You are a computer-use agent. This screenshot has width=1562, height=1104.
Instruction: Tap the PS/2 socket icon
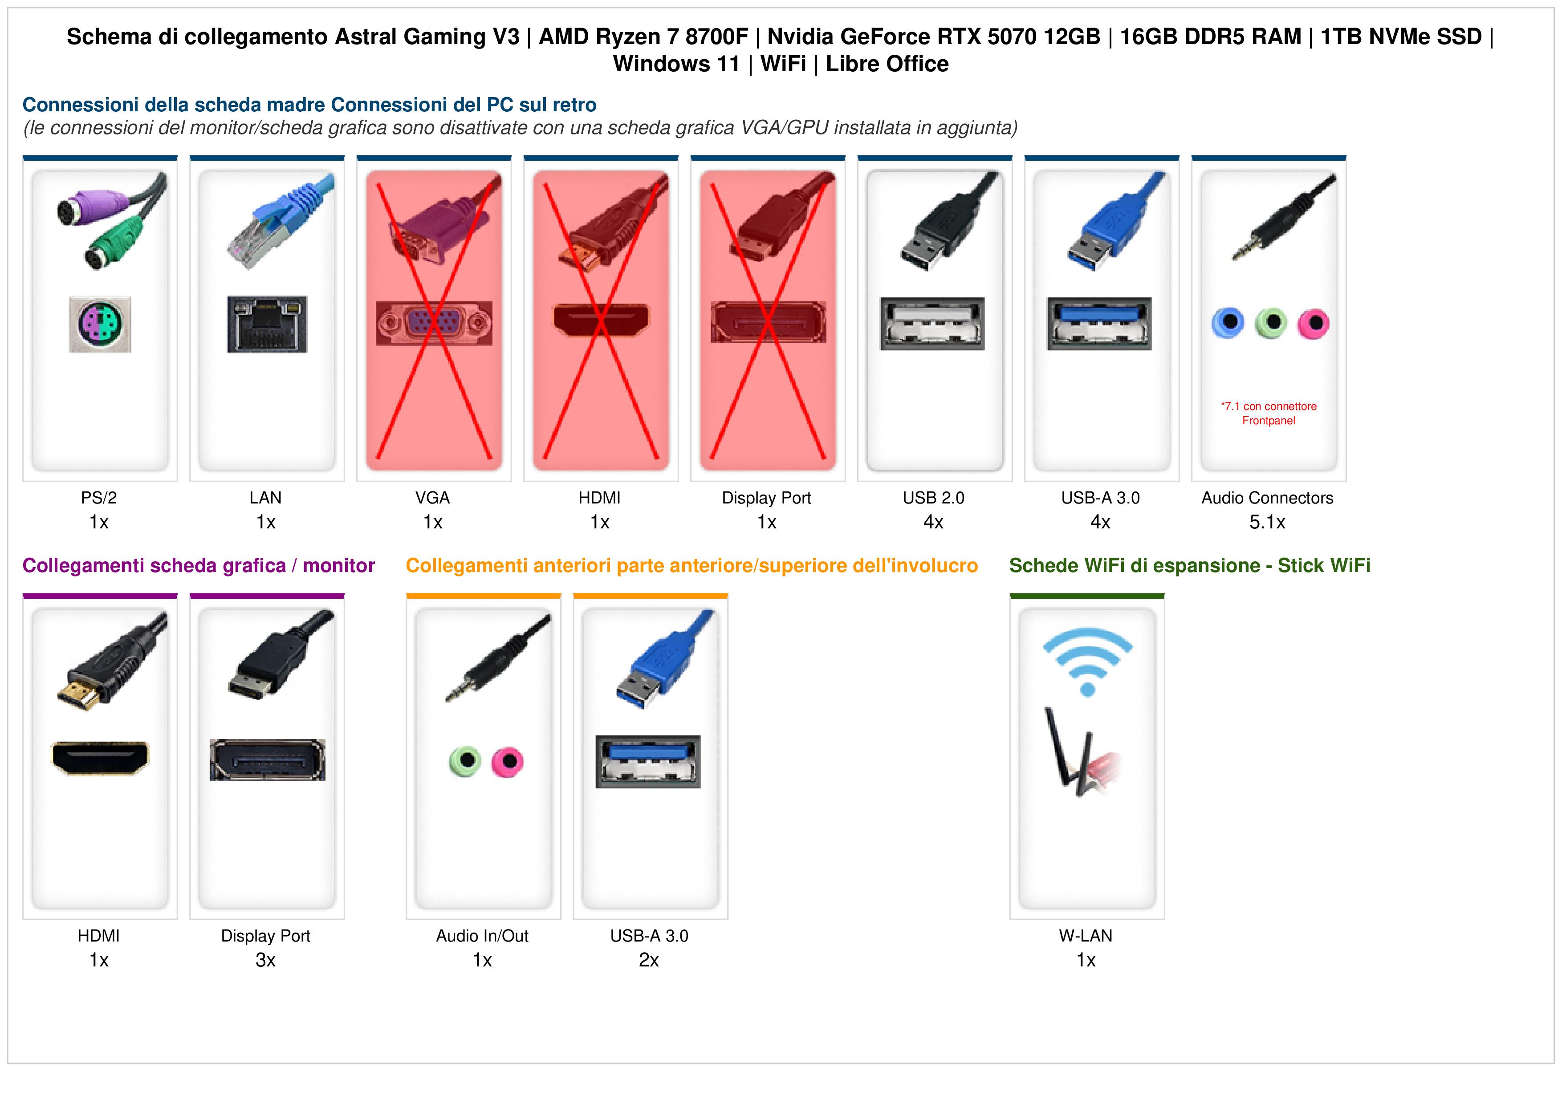(100, 324)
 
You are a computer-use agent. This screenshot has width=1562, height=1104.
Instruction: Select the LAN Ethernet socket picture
(267, 324)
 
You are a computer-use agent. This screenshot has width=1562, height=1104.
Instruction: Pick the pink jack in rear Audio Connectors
(1313, 323)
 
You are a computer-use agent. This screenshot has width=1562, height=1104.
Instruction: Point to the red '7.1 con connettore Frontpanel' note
(1269, 413)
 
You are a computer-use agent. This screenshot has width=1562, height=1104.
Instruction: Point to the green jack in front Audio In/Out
(465, 761)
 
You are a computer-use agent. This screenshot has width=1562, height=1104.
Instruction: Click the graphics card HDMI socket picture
(100, 758)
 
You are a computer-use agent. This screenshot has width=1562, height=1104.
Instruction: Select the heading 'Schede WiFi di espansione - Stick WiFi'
(1189, 565)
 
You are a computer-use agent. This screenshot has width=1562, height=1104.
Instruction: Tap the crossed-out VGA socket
(433, 323)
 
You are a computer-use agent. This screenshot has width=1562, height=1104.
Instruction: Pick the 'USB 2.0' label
(933, 498)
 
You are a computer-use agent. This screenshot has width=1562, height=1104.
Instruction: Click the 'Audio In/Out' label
(482, 936)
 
